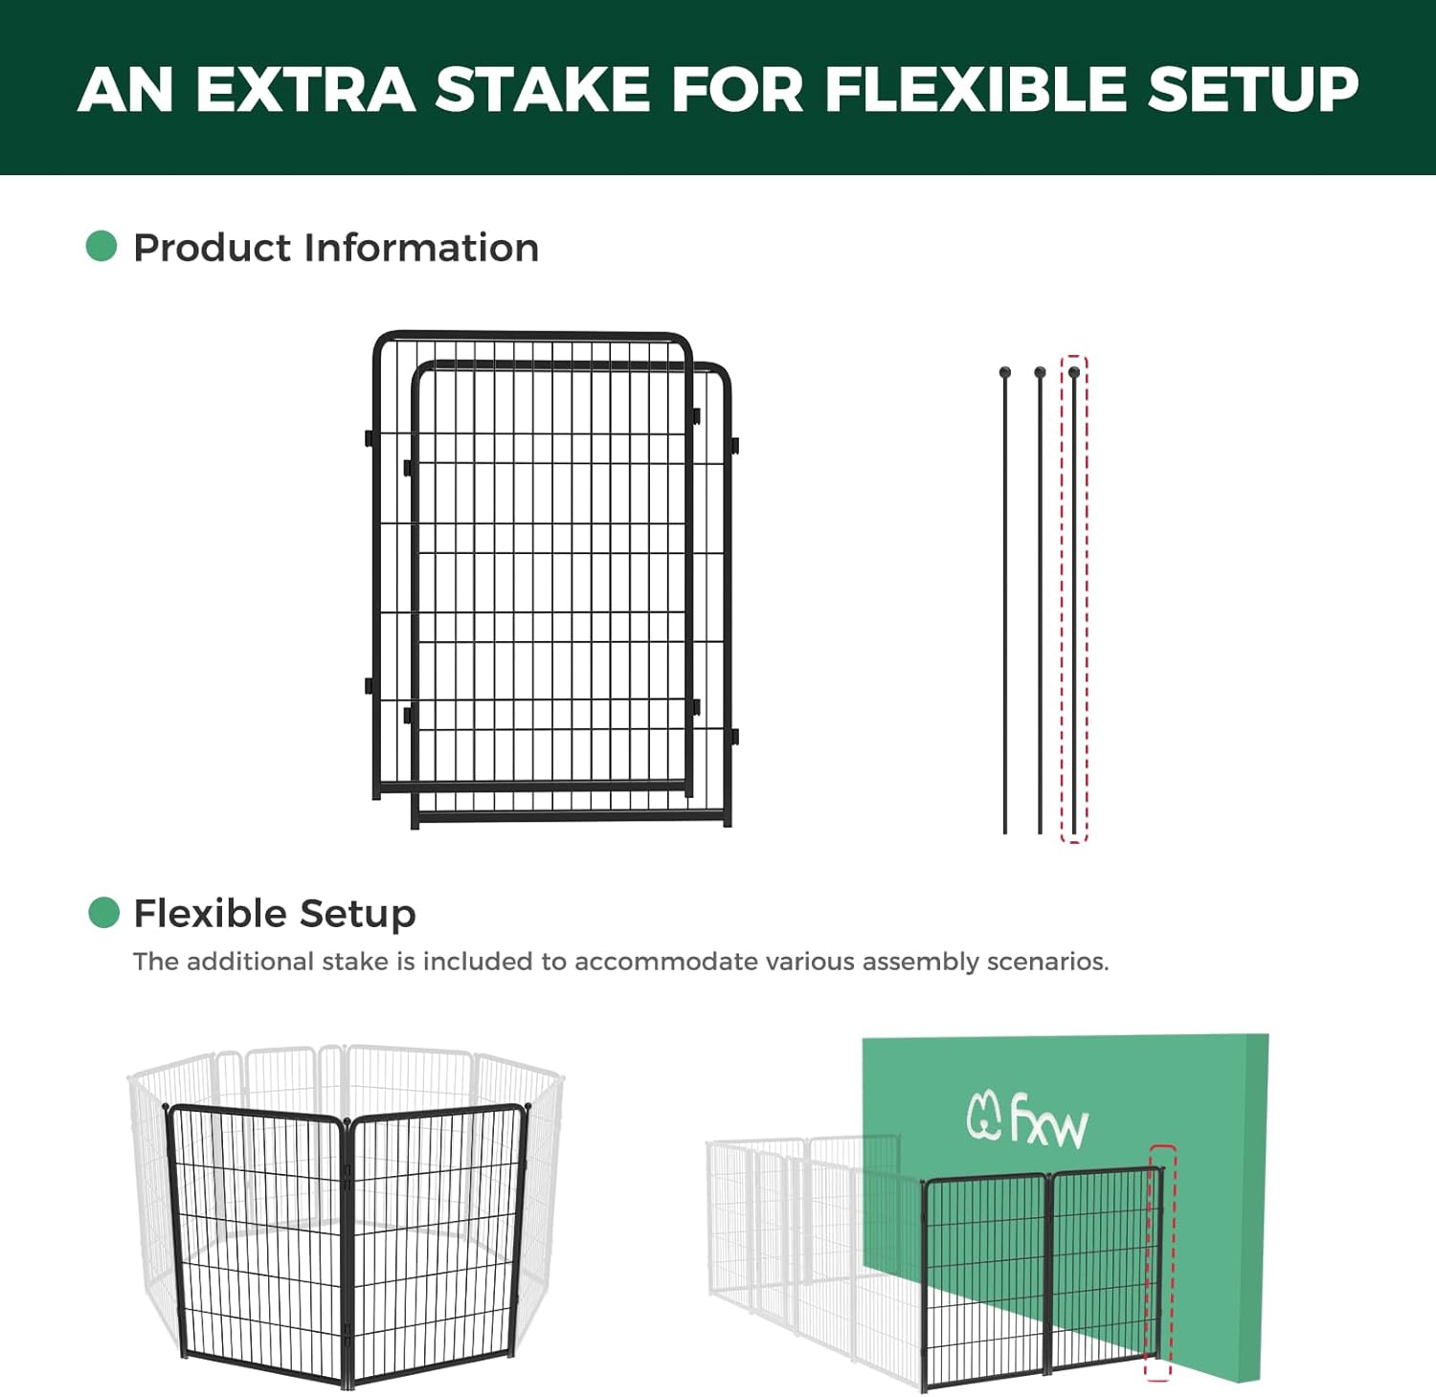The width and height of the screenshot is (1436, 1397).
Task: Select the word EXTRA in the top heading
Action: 305,89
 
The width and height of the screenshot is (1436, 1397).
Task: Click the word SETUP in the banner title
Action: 1253,89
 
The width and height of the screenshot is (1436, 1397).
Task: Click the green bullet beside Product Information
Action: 101,246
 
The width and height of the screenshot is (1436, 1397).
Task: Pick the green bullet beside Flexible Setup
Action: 103,913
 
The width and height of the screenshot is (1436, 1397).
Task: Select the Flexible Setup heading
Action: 275,914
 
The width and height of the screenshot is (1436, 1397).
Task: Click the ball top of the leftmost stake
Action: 1004,372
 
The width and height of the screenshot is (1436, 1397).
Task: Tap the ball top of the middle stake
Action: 1040,372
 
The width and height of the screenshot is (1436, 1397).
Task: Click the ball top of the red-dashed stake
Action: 1074,372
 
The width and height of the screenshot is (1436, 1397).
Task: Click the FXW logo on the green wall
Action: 1027,1120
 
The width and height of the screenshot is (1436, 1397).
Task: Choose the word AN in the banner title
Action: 125,89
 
